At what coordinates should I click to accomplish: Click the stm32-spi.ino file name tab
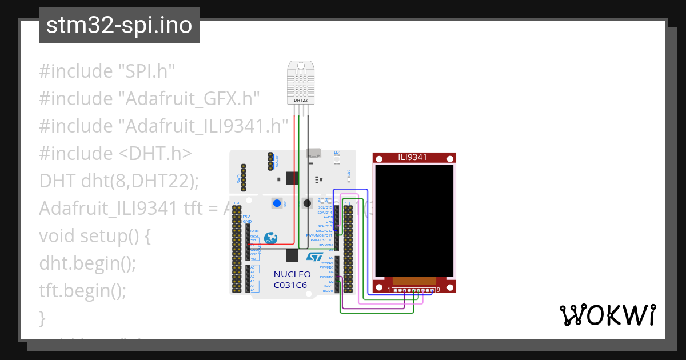coord(119,26)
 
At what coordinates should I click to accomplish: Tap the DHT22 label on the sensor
coord(300,100)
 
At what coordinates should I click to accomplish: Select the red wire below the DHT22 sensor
coord(295,171)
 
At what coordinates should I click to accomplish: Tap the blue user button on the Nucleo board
coord(277,203)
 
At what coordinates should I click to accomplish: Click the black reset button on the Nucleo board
coord(307,203)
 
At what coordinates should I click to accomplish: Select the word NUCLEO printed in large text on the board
coord(292,274)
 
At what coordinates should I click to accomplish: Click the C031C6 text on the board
coord(290,285)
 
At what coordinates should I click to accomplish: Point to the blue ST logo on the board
coord(315,258)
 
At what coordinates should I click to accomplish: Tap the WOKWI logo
coord(607,315)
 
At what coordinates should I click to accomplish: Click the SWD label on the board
coord(239,178)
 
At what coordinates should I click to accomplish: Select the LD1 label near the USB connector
coord(337,153)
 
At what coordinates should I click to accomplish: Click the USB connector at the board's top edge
coord(314,153)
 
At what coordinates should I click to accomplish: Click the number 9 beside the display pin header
coord(438,290)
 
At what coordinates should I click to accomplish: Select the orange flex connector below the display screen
coord(414,281)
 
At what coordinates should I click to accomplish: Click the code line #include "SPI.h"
coord(106,71)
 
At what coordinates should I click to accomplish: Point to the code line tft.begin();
coord(82,291)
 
